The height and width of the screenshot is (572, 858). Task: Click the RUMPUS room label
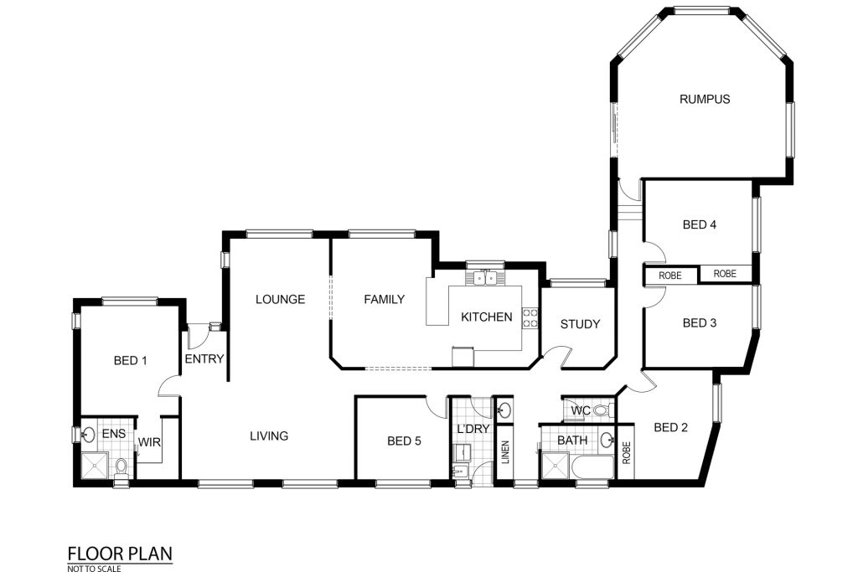704,99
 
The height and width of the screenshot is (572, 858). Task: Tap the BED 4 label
700,224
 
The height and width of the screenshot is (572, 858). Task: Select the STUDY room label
580,324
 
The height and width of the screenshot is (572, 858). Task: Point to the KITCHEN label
487,317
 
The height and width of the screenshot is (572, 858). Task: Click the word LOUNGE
280,299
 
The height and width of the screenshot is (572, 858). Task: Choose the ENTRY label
204,358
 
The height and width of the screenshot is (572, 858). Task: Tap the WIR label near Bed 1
149,442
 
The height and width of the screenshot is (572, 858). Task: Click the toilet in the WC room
602,410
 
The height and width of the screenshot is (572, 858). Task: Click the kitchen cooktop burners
530,317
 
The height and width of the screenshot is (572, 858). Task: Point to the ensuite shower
95,466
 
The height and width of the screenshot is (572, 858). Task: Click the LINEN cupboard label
505,452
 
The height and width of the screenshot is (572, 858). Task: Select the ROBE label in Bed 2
627,453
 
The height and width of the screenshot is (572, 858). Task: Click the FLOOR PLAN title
120,554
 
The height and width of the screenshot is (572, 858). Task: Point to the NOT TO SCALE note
94,569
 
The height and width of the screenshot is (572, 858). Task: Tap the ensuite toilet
121,467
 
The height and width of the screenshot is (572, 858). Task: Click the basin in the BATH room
607,439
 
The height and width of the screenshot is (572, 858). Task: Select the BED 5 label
404,441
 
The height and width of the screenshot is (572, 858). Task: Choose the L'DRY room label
473,429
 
